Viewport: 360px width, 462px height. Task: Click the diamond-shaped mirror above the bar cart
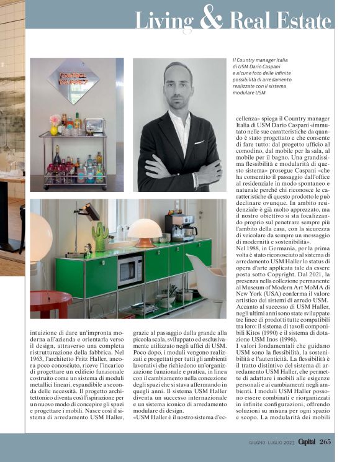[73, 81]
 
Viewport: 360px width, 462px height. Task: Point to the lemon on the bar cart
[55, 130]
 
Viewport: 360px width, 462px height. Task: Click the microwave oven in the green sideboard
[130, 269]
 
